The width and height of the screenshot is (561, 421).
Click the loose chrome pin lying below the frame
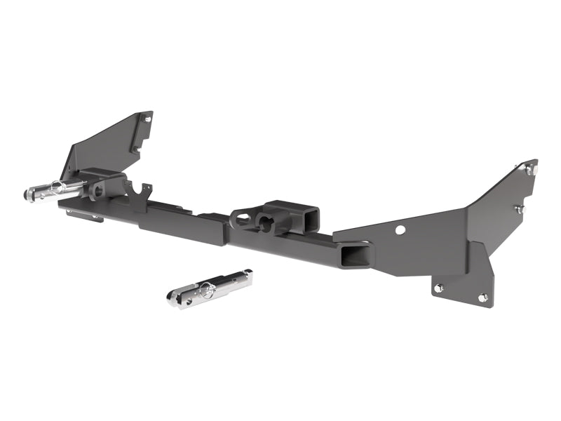210,288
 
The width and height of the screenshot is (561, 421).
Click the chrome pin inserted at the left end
56,189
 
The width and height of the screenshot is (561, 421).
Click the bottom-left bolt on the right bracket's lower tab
438,287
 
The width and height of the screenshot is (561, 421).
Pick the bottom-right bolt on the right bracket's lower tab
482,298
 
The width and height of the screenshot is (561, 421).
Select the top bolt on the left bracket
147,119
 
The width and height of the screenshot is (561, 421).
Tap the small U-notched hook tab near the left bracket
144,190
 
